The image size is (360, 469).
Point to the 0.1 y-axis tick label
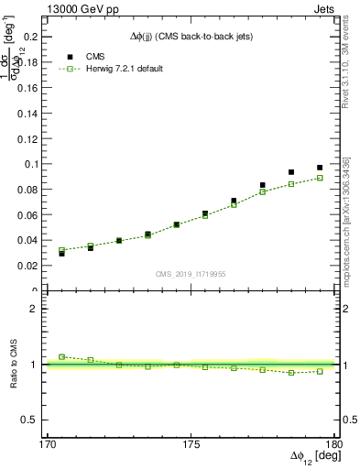coord(29,164)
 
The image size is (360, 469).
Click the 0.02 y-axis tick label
coord(27,266)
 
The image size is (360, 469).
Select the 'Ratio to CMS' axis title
coord(13,365)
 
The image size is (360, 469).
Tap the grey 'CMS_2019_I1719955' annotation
coord(190,273)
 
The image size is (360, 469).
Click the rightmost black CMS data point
coord(320,168)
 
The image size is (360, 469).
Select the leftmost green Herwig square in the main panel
coord(61,250)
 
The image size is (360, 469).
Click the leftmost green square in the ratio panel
coord(61,356)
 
